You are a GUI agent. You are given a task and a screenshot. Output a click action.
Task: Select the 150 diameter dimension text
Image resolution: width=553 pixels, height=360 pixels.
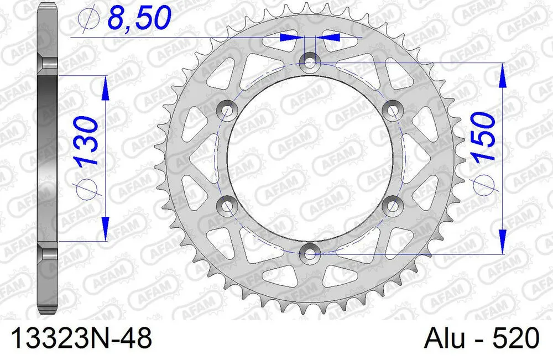pyautogui.click(x=481, y=137)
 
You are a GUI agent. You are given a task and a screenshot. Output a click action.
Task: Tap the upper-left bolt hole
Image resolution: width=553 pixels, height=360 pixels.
pyautogui.click(x=226, y=109)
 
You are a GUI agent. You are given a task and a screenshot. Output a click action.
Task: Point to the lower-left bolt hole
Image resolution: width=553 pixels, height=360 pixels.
pyautogui.click(x=226, y=206)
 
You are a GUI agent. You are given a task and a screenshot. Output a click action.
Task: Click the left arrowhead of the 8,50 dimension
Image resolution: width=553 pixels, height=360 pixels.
pyautogui.click(x=291, y=38)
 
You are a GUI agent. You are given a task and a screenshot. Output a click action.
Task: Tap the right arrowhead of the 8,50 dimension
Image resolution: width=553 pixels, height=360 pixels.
pyautogui.click(x=328, y=38)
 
